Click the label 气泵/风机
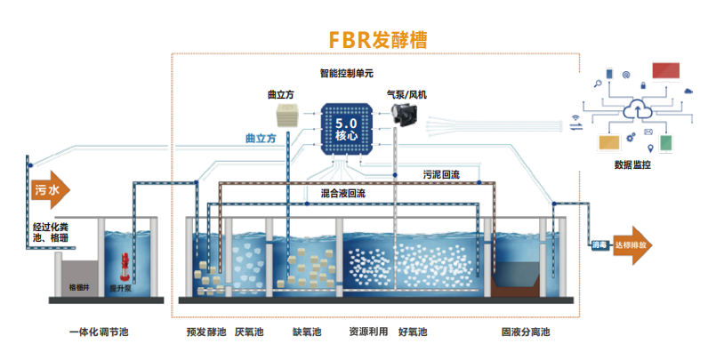(407, 94)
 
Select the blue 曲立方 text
(261, 140)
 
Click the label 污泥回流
(441, 172)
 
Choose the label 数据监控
(632, 164)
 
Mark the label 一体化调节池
(99, 333)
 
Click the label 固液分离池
(526, 333)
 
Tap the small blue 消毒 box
(599, 245)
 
